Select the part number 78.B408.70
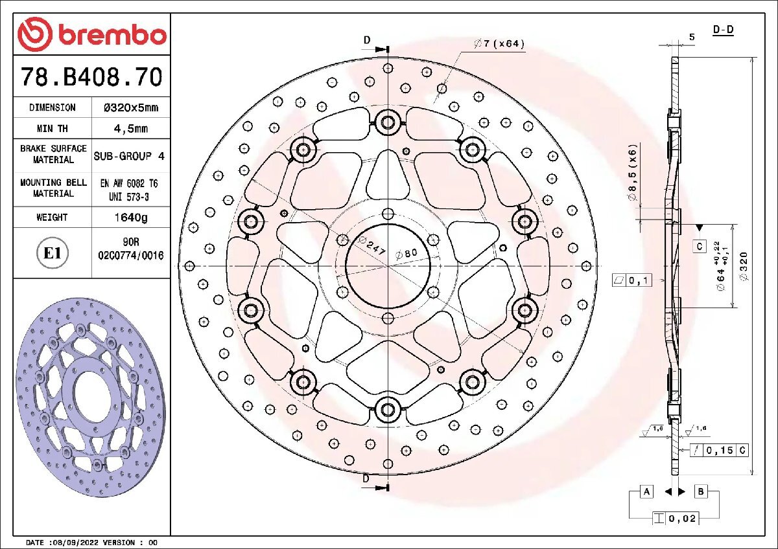[91, 77]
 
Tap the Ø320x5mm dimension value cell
[131, 107]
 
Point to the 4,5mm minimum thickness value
[131, 128]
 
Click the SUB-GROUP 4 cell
[130, 156]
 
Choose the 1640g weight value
[130, 218]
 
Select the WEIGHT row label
[52, 218]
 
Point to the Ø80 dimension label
[406, 254]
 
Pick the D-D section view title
[723, 30]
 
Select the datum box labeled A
[646, 492]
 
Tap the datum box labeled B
[701, 492]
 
